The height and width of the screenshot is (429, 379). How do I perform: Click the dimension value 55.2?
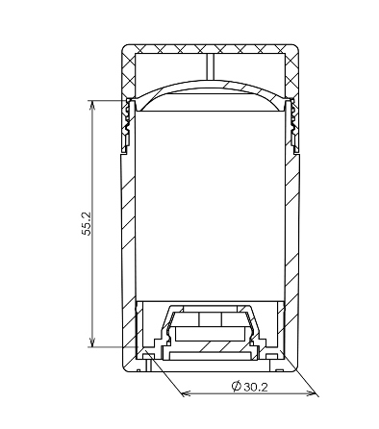[x=87, y=223]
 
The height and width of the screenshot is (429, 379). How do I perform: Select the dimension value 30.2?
[x=256, y=387]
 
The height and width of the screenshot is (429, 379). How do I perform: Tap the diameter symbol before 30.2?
[x=236, y=386]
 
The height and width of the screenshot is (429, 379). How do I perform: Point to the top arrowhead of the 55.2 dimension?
[x=92, y=105]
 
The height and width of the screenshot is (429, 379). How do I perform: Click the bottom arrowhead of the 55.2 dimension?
[x=92, y=342]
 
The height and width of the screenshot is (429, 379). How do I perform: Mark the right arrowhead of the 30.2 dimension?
[x=312, y=393]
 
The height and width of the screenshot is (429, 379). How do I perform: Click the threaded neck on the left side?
[x=129, y=125]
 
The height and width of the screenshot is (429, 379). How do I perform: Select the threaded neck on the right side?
[x=292, y=125]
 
